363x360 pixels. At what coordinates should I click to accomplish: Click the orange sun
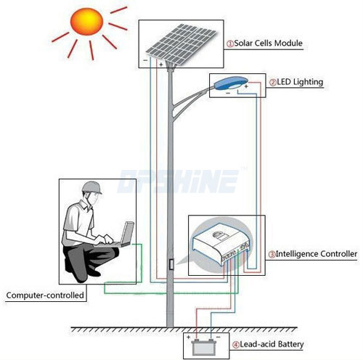point(86,22)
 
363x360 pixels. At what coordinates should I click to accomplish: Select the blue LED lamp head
point(231,83)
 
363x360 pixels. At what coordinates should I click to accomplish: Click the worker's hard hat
point(91,187)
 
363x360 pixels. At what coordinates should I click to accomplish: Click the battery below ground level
point(203,347)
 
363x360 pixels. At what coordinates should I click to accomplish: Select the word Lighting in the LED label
point(308,82)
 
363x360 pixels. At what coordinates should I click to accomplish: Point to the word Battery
point(290,344)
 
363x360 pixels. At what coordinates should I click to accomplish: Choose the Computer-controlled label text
point(45,295)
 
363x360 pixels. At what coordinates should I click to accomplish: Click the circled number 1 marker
point(230,44)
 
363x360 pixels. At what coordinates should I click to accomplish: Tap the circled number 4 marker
point(236,345)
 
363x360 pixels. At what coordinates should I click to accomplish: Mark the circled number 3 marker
point(272,254)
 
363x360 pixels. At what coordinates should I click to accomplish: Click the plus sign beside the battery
point(189,337)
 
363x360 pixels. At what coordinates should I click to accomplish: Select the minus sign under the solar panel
point(145,60)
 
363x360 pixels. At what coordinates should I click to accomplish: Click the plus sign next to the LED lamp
point(246,86)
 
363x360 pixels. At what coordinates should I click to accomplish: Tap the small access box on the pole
point(171,264)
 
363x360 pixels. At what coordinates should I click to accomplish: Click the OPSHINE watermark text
point(178,181)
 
